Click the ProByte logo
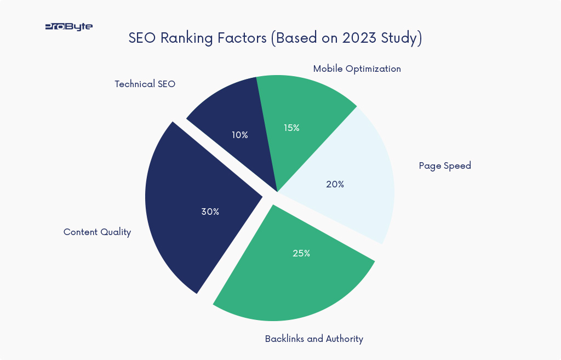point(68,26)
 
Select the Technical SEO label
point(145,84)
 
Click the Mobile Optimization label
point(357,69)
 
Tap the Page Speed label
point(444,166)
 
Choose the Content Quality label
point(97,232)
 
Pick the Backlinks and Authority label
point(314,339)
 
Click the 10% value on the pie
point(239,135)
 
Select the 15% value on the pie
point(291,128)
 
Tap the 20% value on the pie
point(335,185)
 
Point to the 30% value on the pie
point(210,212)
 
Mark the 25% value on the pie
point(301,254)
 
